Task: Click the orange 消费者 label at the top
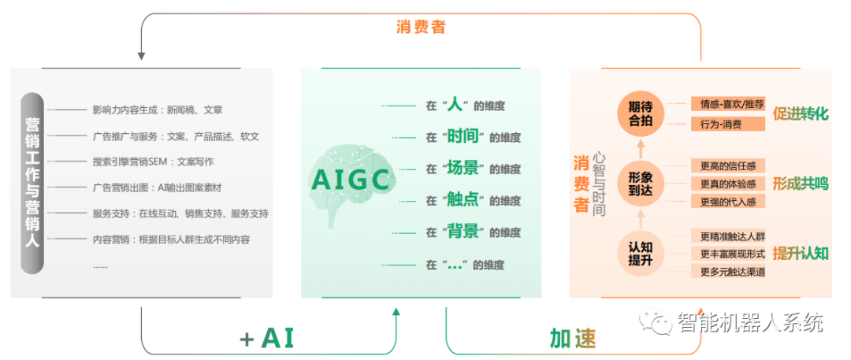(x=421, y=27)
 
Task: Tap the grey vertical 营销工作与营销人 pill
(x=32, y=183)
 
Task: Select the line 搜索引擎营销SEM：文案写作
(x=154, y=161)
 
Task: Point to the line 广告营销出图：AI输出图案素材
(x=157, y=187)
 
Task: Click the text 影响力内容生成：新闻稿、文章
(x=158, y=109)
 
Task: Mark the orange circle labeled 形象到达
(x=641, y=183)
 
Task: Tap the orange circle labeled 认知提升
(x=641, y=254)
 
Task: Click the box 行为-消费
(x=728, y=124)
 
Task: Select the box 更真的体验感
(x=728, y=184)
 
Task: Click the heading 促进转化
(x=801, y=114)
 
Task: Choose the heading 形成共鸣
(x=801, y=184)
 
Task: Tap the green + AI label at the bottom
(x=266, y=338)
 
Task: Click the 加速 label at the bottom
(x=572, y=338)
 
